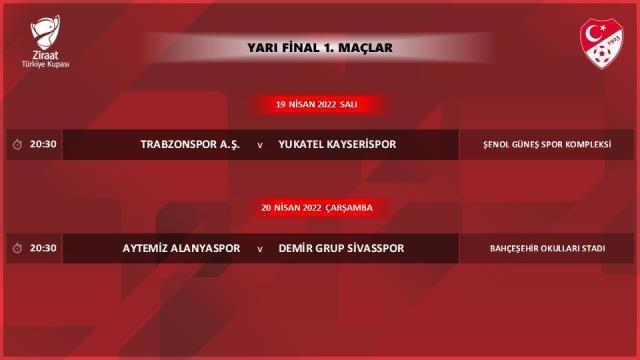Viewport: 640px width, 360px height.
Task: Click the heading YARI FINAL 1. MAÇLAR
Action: pyautogui.click(x=320, y=47)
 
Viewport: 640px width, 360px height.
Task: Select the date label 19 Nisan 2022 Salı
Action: pyautogui.click(x=317, y=104)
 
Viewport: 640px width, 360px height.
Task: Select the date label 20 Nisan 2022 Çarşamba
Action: pyautogui.click(x=317, y=207)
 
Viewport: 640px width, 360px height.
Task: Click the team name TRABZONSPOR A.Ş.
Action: pyautogui.click(x=190, y=144)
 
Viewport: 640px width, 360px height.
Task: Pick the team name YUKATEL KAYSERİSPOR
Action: pyautogui.click(x=337, y=144)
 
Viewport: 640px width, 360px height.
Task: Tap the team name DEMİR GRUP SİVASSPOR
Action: pyautogui.click(x=341, y=248)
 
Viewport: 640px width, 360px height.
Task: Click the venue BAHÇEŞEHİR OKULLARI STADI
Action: pyautogui.click(x=548, y=248)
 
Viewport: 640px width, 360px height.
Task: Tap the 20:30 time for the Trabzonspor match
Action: pyautogui.click(x=44, y=144)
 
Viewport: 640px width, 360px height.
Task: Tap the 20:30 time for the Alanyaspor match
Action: pyautogui.click(x=44, y=248)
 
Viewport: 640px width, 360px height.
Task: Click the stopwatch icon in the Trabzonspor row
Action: pyautogui.click(x=17, y=144)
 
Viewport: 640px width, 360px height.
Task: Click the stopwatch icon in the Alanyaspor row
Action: pyautogui.click(x=17, y=248)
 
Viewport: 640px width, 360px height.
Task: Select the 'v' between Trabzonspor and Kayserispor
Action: pyautogui.click(x=260, y=145)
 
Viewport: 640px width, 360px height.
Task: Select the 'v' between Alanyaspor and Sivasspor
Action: pyautogui.click(x=260, y=249)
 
